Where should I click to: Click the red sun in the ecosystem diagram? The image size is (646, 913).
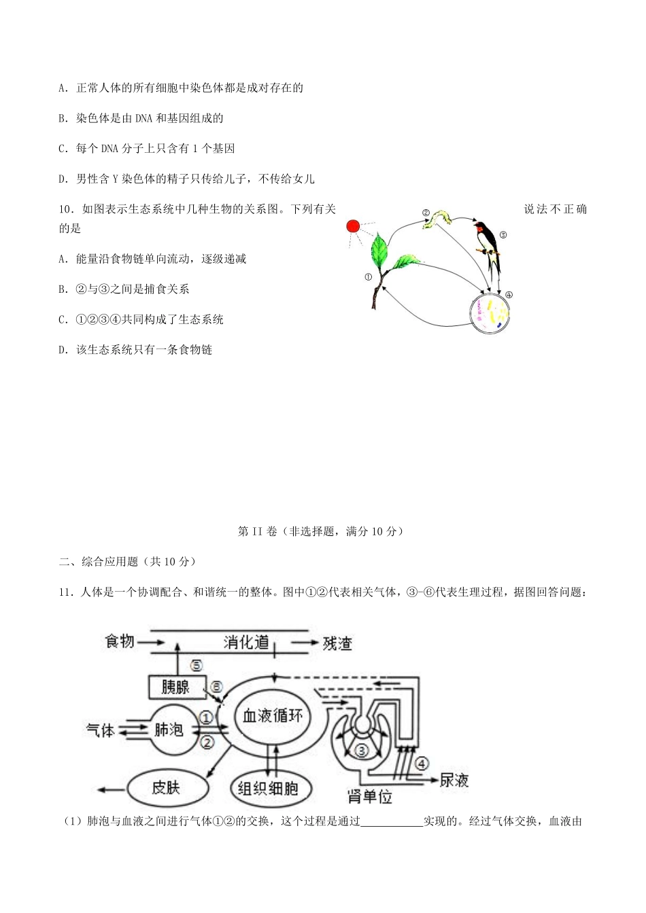point(352,226)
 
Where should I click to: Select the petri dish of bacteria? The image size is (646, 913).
point(490,312)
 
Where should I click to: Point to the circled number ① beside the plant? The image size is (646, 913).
point(368,277)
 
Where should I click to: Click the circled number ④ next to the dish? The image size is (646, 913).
point(509,295)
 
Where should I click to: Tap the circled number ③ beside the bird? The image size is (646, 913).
point(503,235)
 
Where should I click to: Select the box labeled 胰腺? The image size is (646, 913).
point(176,687)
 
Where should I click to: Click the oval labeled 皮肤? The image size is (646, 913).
point(165,788)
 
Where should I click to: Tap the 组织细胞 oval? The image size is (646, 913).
point(268,788)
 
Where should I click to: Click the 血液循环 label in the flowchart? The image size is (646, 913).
point(273,715)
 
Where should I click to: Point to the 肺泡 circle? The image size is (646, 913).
point(169,730)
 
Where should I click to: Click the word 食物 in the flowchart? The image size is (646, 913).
point(120,641)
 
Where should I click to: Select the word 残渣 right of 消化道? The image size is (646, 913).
point(337,643)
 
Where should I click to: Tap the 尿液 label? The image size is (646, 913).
point(454,781)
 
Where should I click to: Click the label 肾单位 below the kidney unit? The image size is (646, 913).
point(370,796)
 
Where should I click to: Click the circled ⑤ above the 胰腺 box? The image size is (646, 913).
point(196,666)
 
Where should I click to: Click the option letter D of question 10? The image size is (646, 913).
point(63,350)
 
